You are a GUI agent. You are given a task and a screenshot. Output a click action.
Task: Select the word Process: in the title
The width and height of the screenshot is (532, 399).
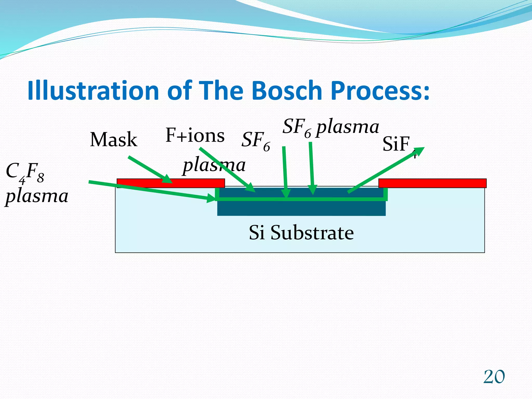[381, 90]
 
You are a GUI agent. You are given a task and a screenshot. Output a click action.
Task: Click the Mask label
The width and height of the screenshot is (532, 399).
[114, 140]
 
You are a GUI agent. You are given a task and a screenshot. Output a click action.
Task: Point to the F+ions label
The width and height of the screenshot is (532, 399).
[195, 136]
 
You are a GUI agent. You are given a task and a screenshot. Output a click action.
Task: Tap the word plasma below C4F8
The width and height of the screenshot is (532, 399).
[37, 196]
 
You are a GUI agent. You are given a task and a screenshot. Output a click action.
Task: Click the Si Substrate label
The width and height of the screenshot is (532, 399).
[301, 232]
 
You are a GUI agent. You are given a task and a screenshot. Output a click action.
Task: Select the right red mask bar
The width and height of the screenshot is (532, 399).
[432, 183]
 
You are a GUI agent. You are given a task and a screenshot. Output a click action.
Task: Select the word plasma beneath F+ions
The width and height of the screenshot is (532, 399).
[214, 165]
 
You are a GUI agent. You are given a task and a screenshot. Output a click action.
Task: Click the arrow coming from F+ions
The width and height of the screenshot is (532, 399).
[226, 169]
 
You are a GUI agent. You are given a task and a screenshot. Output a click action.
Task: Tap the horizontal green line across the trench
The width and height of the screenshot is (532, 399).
[301, 199]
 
